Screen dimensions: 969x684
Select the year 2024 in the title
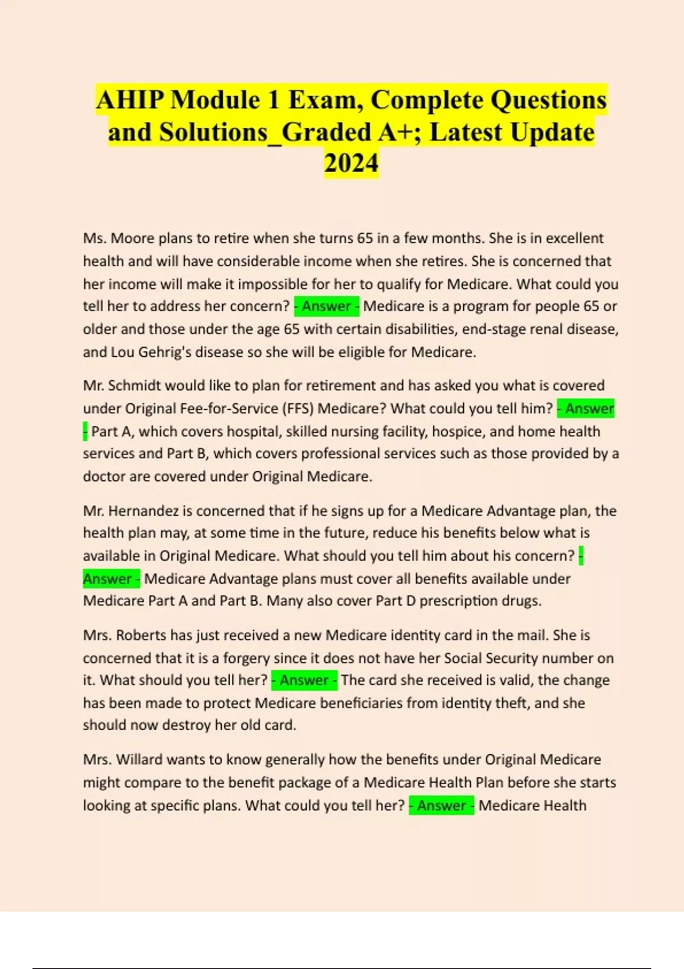pyautogui.click(x=351, y=163)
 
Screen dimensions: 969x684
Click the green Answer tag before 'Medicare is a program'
pyautogui.click(x=327, y=307)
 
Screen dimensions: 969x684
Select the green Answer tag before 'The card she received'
pyautogui.click(x=304, y=681)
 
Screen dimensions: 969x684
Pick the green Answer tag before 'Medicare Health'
pyautogui.click(x=441, y=805)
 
